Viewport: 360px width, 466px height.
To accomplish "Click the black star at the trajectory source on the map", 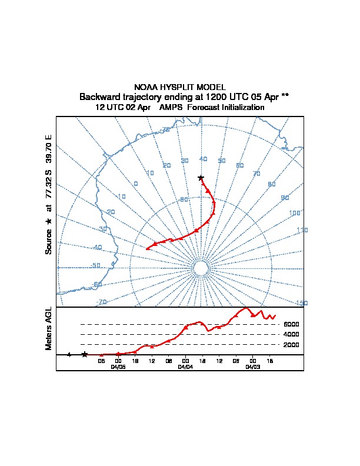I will (x=201, y=178).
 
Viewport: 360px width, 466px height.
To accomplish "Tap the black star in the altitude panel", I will (x=85, y=354).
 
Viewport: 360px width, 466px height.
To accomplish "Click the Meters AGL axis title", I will (x=49, y=329).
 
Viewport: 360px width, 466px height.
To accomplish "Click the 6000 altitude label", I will (x=291, y=324).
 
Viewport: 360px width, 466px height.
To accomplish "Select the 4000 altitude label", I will (x=291, y=334).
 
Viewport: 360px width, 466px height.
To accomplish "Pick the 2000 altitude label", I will (x=291, y=345).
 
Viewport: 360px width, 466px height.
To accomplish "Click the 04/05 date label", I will (x=118, y=367).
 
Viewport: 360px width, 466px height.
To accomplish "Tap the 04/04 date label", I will (x=185, y=367).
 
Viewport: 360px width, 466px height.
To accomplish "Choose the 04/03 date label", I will (x=253, y=367).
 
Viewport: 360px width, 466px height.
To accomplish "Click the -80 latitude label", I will (x=184, y=199).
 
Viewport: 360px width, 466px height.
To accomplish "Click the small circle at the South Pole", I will (x=201, y=268).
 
